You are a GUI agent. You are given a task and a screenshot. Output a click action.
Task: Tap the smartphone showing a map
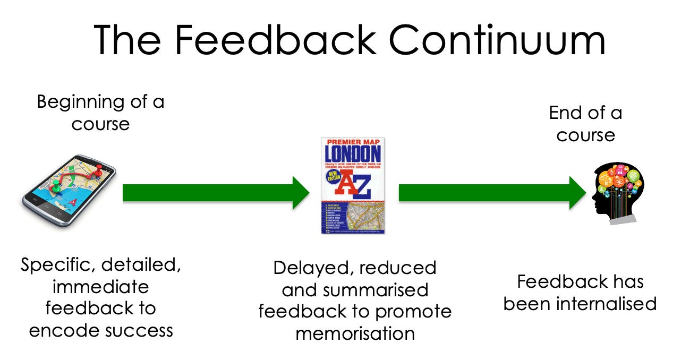pyautogui.click(x=69, y=190)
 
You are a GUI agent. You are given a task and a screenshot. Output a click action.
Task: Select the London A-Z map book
pyautogui.click(x=353, y=186)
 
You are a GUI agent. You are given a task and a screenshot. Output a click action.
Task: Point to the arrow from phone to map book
pyautogui.click(x=215, y=192)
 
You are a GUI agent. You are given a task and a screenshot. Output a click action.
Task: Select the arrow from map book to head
pyautogui.click(x=491, y=192)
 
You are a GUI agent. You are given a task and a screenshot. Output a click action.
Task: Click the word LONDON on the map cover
pyautogui.click(x=353, y=154)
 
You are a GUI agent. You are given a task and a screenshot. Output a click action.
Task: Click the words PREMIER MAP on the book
pyautogui.click(x=353, y=142)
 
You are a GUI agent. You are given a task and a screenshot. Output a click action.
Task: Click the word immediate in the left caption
pyautogui.click(x=100, y=287)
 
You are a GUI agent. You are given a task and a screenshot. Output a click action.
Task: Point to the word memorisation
pyautogui.click(x=354, y=333)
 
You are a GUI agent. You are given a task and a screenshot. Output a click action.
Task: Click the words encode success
pyautogui.click(x=101, y=330)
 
